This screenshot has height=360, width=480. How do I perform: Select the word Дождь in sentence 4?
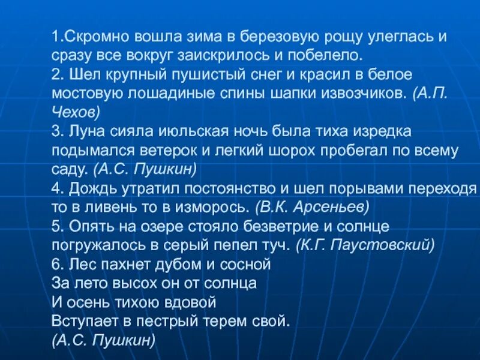pos(89,188)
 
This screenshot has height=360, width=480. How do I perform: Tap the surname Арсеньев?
pos(334,207)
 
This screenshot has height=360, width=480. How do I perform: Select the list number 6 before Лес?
pos(56,263)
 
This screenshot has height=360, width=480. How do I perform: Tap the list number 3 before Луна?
pos(56,131)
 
